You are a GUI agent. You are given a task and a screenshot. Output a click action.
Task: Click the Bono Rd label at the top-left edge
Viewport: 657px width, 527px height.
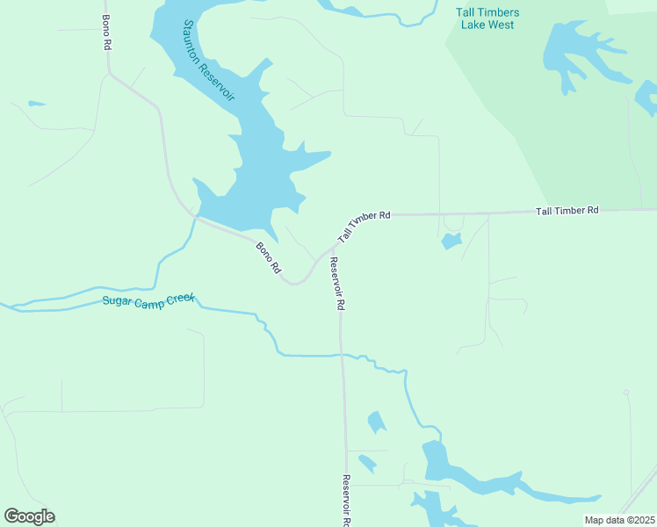click(106, 31)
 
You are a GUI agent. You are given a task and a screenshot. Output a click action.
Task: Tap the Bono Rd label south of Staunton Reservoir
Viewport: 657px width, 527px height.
click(269, 256)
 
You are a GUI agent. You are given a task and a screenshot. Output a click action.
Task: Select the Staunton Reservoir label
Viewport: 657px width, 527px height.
click(209, 60)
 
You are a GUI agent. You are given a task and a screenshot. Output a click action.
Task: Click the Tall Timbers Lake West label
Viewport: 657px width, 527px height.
click(487, 18)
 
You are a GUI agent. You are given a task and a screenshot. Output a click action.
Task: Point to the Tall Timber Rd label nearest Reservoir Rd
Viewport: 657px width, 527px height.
click(364, 224)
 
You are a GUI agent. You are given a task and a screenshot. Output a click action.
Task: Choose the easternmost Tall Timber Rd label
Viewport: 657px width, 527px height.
click(567, 211)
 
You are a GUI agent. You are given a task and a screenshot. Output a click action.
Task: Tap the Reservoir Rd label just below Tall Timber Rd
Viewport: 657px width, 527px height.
click(336, 284)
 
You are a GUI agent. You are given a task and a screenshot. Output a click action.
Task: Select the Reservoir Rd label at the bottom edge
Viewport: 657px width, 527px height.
click(346, 501)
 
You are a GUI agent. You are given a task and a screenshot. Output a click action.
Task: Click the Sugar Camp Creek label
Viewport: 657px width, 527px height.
click(148, 300)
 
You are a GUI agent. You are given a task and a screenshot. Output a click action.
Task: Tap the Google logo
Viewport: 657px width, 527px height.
click(29, 516)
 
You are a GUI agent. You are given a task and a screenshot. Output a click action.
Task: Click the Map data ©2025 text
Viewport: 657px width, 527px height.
click(619, 520)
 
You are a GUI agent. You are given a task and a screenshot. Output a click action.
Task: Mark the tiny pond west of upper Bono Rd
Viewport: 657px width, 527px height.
click(36, 104)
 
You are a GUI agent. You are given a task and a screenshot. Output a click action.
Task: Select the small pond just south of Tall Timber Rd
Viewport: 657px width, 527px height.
click(451, 241)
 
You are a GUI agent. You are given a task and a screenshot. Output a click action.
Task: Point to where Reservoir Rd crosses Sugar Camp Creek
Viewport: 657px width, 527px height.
click(342, 355)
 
